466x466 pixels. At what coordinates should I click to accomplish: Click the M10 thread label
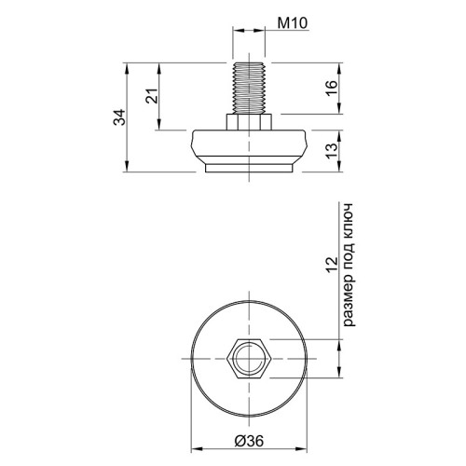[x=293, y=23]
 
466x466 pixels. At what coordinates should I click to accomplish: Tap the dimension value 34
[x=119, y=117]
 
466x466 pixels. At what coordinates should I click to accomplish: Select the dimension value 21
[x=152, y=96]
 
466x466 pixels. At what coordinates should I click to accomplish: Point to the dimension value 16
[x=332, y=89]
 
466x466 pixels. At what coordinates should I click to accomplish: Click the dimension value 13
[x=332, y=151]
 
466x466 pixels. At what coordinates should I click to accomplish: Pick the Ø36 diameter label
[x=249, y=441]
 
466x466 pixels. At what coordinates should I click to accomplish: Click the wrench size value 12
[x=332, y=265]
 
